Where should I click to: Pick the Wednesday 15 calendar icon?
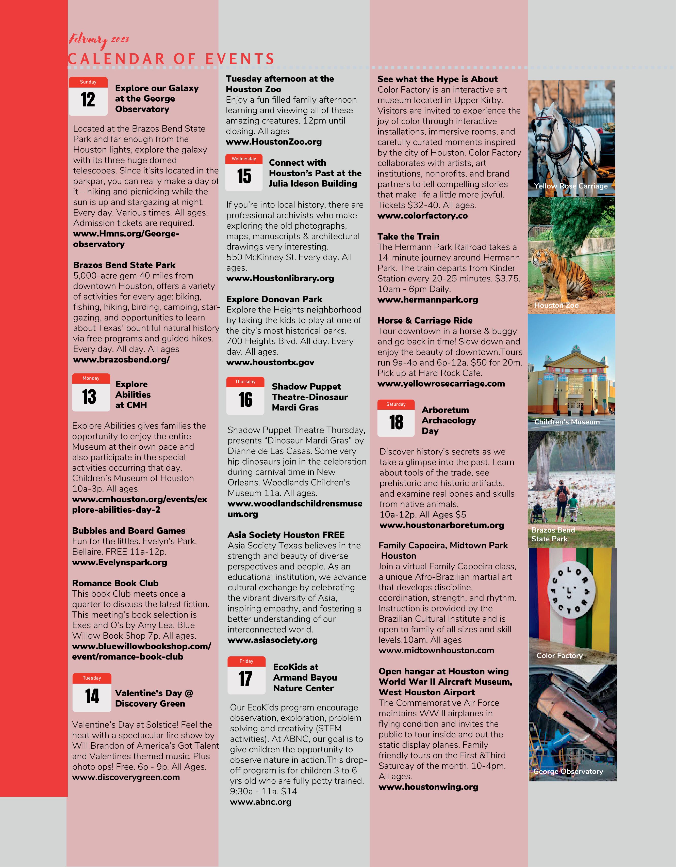244,173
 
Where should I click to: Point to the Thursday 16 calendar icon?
245,396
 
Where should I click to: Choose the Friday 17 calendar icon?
246,675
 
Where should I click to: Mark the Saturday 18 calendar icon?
396,418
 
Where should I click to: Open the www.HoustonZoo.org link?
274,142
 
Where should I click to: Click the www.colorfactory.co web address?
422,216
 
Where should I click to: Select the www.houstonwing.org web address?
428,786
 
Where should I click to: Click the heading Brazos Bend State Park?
124,265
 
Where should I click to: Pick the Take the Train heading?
408,236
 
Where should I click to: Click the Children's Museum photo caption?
567,422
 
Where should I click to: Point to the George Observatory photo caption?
568,771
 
